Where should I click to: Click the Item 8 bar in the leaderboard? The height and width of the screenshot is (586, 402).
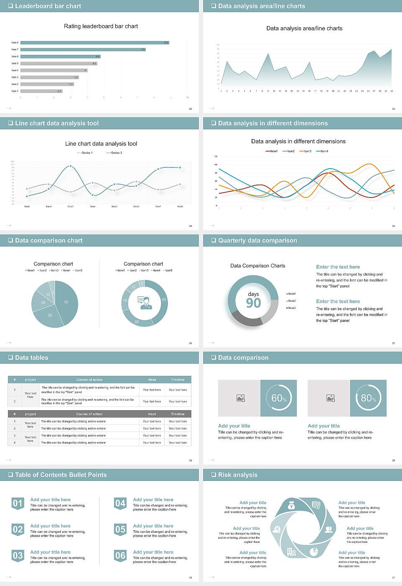click(94, 43)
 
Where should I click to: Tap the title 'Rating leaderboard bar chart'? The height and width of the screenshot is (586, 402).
click(101, 26)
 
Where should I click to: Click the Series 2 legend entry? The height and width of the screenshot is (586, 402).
click(114, 153)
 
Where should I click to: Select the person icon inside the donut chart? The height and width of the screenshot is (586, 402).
click(145, 303)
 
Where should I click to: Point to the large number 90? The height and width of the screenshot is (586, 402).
click(253, 303)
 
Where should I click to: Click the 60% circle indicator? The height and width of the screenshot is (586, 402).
click(278, 398)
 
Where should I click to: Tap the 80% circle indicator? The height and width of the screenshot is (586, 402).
click(368, 398)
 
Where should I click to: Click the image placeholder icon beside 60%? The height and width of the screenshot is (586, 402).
click(240, 398)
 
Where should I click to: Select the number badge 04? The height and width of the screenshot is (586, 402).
click(120, 503)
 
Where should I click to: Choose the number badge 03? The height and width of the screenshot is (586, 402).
click(18, 556)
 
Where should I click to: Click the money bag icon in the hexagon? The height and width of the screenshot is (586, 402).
click(291, 506)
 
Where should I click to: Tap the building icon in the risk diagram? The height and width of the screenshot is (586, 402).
click(291, 552)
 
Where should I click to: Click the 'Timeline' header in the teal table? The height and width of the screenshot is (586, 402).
click(178, 380)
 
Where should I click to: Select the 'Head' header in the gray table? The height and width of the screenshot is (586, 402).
click(152, 414)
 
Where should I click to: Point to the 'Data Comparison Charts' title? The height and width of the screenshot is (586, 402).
click(258, 266)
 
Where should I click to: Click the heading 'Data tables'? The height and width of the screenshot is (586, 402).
click(31, 357)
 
